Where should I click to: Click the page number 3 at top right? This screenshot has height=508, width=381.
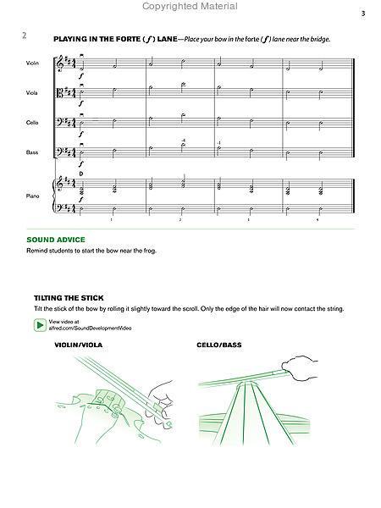(x=362, y=14)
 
